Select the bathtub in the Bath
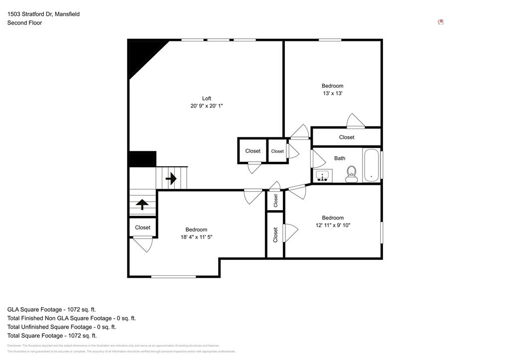pos(371,165)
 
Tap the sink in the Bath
pos(324,176)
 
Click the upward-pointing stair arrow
pos(142,204)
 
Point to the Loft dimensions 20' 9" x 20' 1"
pos(206,106)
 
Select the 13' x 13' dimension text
pos(332,93)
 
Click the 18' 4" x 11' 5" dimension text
pos(196,237)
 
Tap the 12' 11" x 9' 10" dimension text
pos(333,225)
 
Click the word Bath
pos(340,158)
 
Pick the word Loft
pos(206,98)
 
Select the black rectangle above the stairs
pos(142,159)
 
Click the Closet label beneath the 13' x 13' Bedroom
pos(347,137)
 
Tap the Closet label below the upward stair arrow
pos(142,228)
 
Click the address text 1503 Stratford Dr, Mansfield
pos(43,14)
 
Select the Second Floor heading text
pos(24,22)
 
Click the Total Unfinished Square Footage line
pos(62,327)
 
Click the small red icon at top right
pos(440,22)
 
